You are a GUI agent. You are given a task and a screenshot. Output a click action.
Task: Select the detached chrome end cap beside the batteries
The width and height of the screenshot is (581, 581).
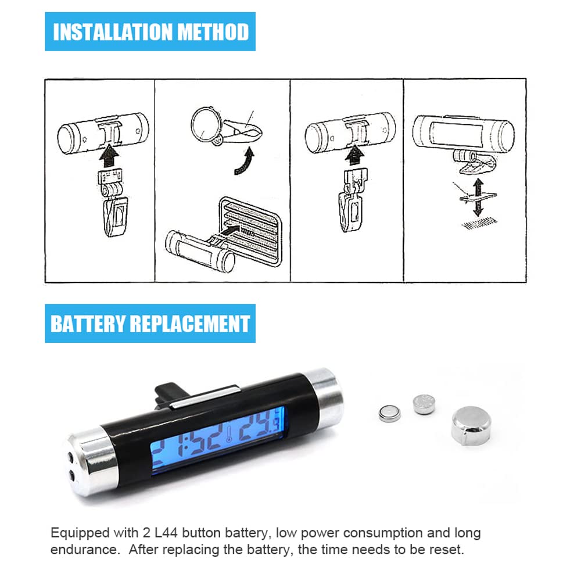[471, 424]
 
